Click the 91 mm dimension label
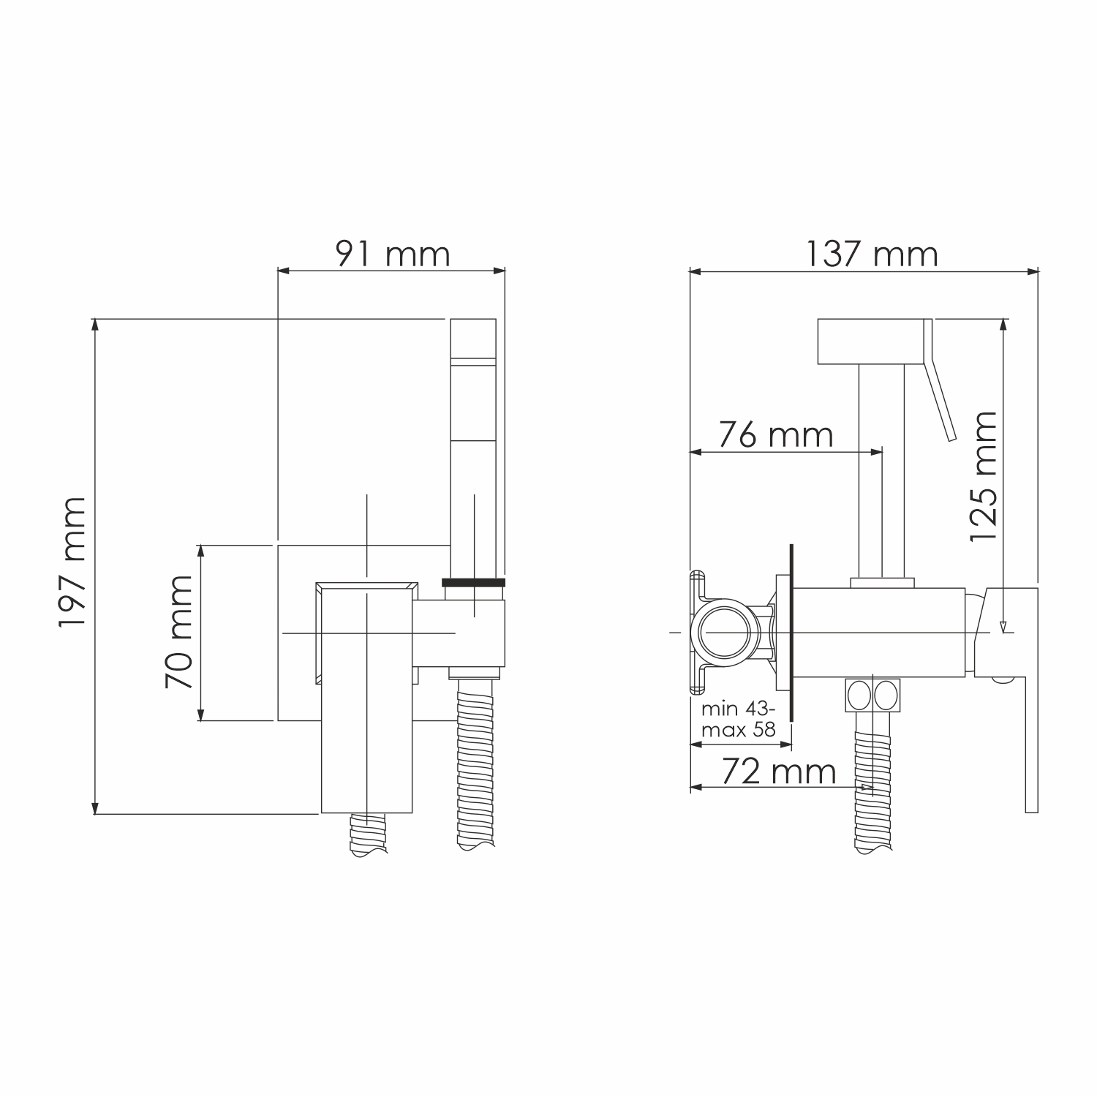[393, 254]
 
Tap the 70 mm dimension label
[178, 632]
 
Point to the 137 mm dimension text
[872, 254]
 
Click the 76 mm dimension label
[775, 435]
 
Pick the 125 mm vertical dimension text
[983, 476]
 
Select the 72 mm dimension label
[779, 771]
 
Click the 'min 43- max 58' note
[738, 719]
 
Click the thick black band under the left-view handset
[474, 582]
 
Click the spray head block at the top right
[870, 341]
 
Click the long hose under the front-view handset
[475, 761]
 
